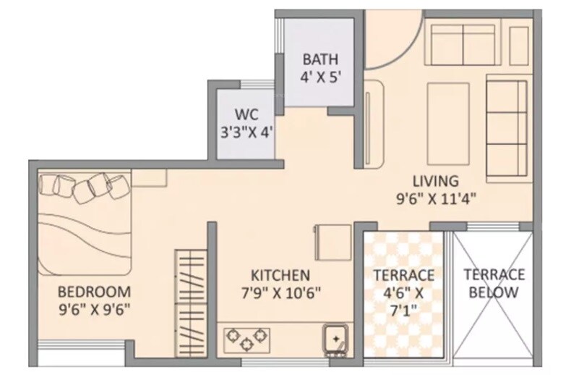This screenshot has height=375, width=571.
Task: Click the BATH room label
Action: coord(319,59)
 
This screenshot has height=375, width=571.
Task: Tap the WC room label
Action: coord(246,115)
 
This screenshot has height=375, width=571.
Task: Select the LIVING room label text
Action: coord(436,180)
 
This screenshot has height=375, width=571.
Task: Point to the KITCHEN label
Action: coord(280,275)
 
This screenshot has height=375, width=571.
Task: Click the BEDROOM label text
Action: coord(94,292)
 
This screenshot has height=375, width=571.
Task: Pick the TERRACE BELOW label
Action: coord(494,283)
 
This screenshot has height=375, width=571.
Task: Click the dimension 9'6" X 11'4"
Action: coord(436,197)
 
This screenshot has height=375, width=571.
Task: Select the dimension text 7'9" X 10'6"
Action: coord(280,293)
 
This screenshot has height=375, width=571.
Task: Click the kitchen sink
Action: coord(335,339)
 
